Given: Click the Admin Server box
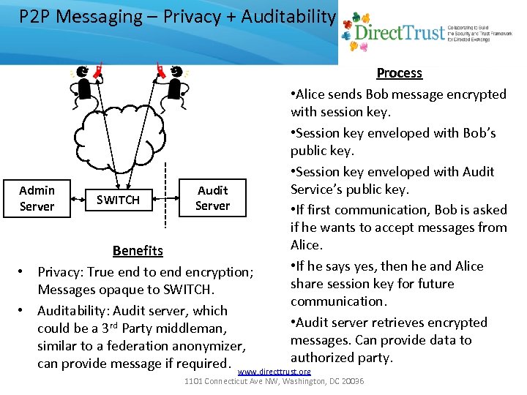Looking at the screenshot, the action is coord(37,198).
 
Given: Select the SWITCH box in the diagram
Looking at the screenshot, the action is coord(118,200).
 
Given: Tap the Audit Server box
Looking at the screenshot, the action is coord(212,198).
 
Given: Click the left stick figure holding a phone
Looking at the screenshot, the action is coord(86,84).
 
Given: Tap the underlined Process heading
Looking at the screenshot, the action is coord(399,73).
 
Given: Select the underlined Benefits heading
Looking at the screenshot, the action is coord(138,251).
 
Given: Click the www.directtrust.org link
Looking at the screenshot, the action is coord(274,372).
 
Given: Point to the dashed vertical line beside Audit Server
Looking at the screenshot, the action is coord(180,195).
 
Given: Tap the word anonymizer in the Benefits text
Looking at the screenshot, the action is coord(210,346).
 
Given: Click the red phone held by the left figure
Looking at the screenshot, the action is coord(98,71).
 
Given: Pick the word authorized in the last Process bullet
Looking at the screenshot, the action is coord(323,358).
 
